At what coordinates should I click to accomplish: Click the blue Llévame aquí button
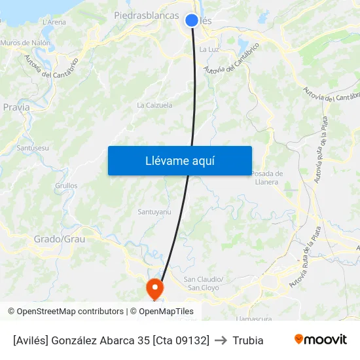point(180,160)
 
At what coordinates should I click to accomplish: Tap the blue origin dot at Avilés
point(192,20)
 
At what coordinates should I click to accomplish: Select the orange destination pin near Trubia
point(155,288)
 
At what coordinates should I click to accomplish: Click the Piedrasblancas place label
point(147,14)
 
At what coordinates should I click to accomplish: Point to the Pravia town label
point(16,107)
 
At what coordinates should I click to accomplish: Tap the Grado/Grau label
point(60,239)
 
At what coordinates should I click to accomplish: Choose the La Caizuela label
point(154,105)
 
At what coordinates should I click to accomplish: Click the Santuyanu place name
point(154,211)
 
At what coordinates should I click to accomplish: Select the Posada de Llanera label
point(266,177)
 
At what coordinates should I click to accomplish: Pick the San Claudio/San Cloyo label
point(205,283)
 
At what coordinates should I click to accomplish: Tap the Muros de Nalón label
point(26,43)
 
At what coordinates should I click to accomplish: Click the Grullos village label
point(66,186)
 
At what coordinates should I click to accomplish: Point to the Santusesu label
point(33,148)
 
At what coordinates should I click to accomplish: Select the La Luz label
point(209,49)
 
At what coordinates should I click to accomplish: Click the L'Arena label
point(54,22)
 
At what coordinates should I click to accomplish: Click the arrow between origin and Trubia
point(221,340)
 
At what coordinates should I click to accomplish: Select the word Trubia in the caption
point(248,340)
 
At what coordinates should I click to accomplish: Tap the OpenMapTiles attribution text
point(165,312)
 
